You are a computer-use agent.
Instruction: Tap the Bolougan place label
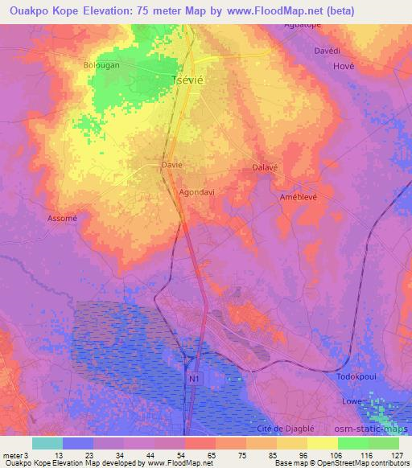tap(101, 64)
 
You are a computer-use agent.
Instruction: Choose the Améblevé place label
tap(299, 197)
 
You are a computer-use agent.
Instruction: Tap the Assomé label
tap(62, 218)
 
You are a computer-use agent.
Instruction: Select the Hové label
tap(344, 67)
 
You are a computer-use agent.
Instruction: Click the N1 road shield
tap(193, 377)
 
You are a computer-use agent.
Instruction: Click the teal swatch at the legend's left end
tap(47, 442)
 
